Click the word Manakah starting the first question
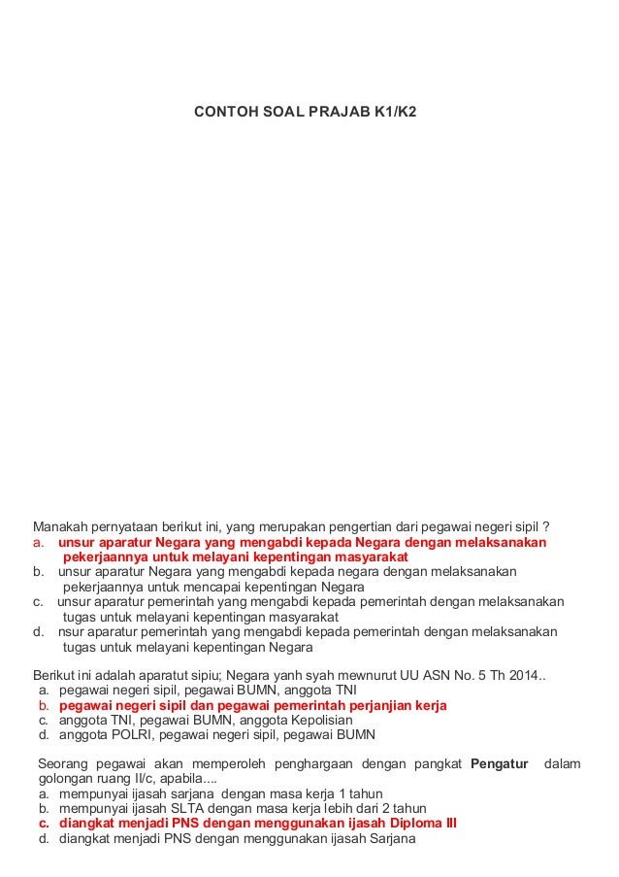point(63,526)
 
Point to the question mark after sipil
point(546,526)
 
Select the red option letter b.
point(44,705)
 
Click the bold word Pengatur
point(500,763)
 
